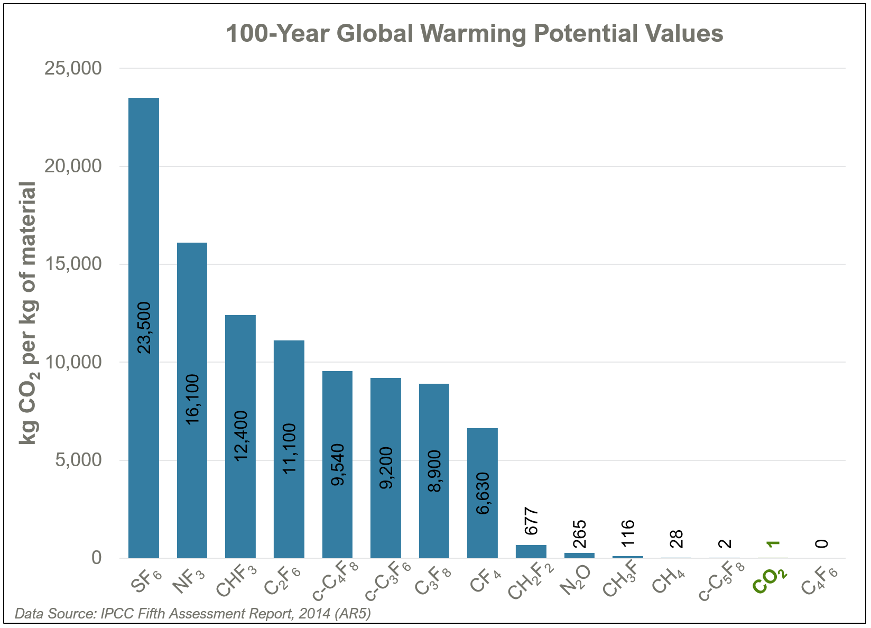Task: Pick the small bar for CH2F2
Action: tap(531, 551)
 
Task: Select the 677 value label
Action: tap(531, 521)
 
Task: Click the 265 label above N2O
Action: tap(579, 534)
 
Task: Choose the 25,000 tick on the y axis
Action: tap(73, 68)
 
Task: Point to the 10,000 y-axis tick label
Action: tap(73, 362)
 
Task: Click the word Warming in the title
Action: tap(474, 34)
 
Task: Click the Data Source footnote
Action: tap(193, 614)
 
